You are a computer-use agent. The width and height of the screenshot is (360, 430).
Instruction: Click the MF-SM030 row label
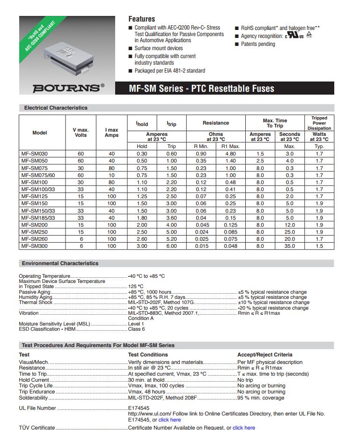[34, 154]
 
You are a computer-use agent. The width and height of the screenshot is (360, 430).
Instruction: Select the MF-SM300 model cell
[34, 246]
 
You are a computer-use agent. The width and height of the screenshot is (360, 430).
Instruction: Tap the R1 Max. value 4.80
[230, 154]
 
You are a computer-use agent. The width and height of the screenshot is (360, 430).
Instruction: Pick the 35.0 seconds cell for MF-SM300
[289, 246]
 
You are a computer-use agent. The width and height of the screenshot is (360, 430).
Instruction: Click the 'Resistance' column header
[216, 123]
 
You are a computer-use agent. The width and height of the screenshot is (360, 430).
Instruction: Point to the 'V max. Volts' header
[81, 132]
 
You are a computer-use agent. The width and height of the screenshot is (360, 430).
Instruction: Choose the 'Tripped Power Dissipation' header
[319, 123]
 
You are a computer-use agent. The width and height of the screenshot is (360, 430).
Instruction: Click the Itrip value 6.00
[172, 246]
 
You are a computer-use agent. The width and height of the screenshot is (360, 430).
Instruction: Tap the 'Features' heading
[141, 19]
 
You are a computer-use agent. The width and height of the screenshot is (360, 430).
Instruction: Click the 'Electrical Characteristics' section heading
[56, 108]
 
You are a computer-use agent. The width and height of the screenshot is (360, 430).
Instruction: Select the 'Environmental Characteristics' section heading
[61, 263]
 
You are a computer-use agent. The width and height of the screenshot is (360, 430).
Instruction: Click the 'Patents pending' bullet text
[258, 44]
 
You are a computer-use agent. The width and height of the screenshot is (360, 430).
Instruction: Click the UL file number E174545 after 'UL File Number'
[139, 408]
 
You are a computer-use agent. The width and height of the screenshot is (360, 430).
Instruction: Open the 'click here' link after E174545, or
[169, 420]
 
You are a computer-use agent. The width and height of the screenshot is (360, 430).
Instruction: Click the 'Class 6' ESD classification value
[137, 329]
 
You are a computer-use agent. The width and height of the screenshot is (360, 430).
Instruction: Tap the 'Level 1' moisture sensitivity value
[136, 324]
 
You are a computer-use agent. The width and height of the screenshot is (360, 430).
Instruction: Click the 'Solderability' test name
[33, 398]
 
